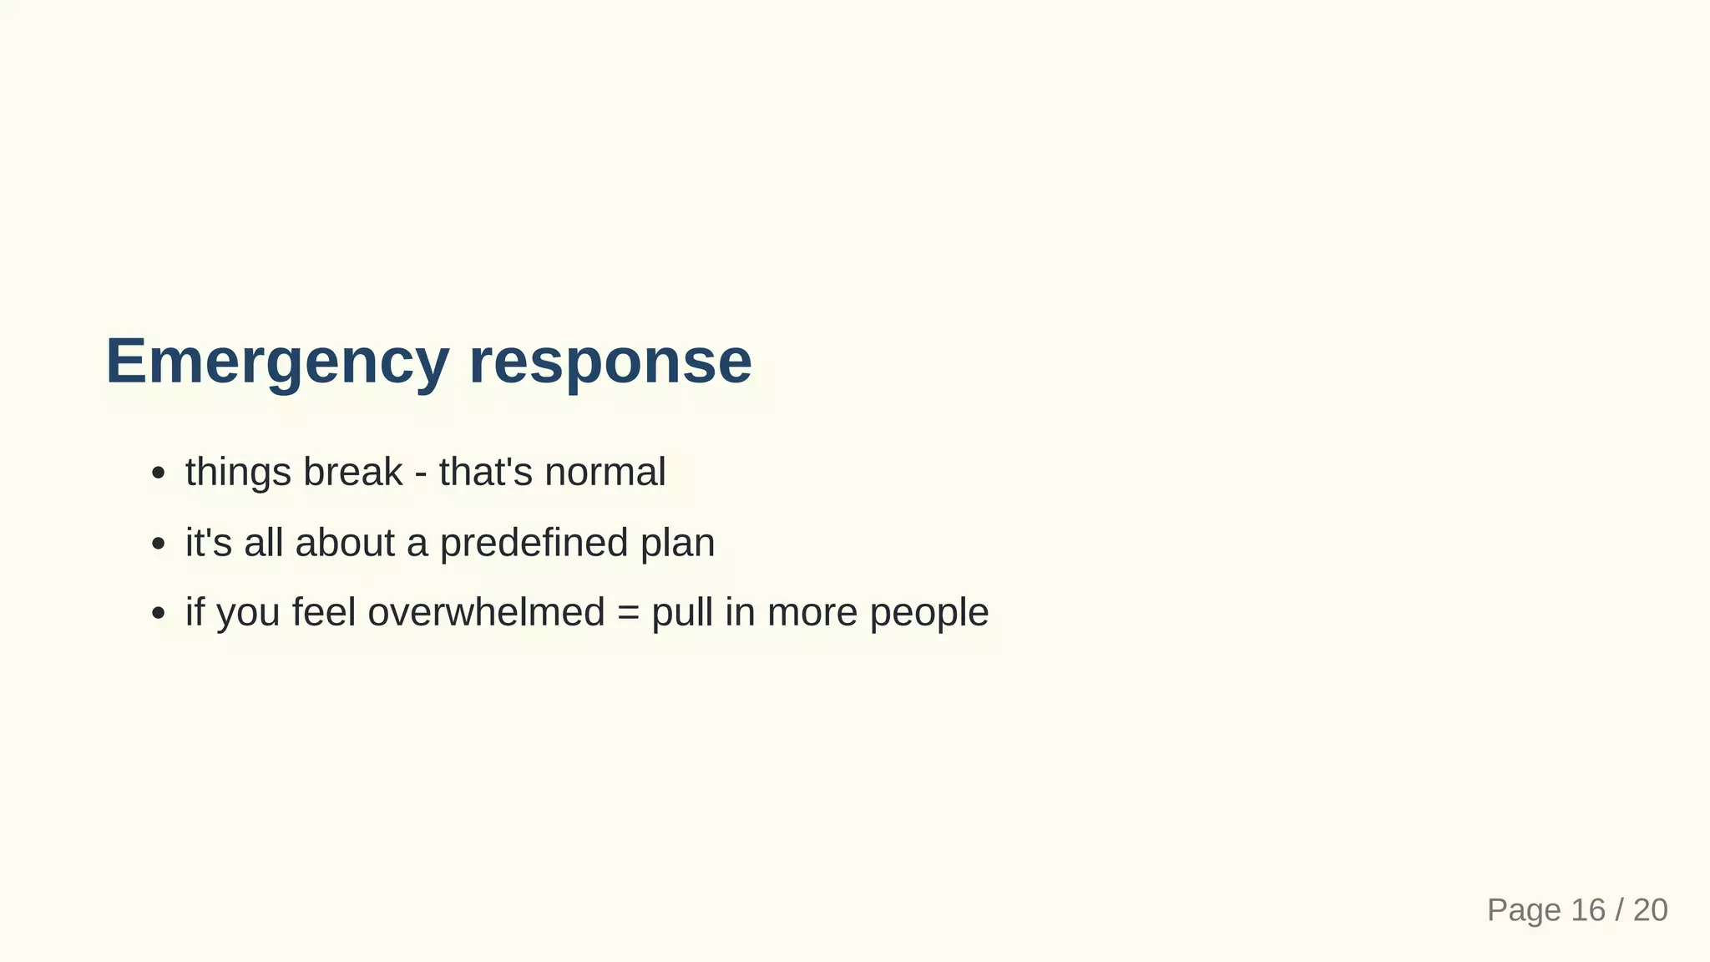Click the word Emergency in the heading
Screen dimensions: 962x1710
(277, 362)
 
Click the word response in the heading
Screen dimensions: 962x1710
(610, 362)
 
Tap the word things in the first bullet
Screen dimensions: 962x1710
(238, 473)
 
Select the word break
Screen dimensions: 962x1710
(352, 472)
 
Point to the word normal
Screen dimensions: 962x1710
(605, 472)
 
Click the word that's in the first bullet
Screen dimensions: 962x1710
(485, 472)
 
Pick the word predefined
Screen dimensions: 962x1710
(534, 543)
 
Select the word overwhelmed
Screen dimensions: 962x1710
(486, 612)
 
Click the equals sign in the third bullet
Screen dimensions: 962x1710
(628, 614)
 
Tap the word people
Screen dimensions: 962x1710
(929, 614)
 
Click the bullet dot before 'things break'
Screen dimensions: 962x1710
(159, 474)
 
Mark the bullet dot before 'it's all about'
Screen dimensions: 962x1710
(159, 544)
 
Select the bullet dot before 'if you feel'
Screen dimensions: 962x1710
(159, 615)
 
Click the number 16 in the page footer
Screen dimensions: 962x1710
(1587, 910)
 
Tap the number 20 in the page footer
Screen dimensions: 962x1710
(1650, 910)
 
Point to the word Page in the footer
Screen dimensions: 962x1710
(1524, 910)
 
